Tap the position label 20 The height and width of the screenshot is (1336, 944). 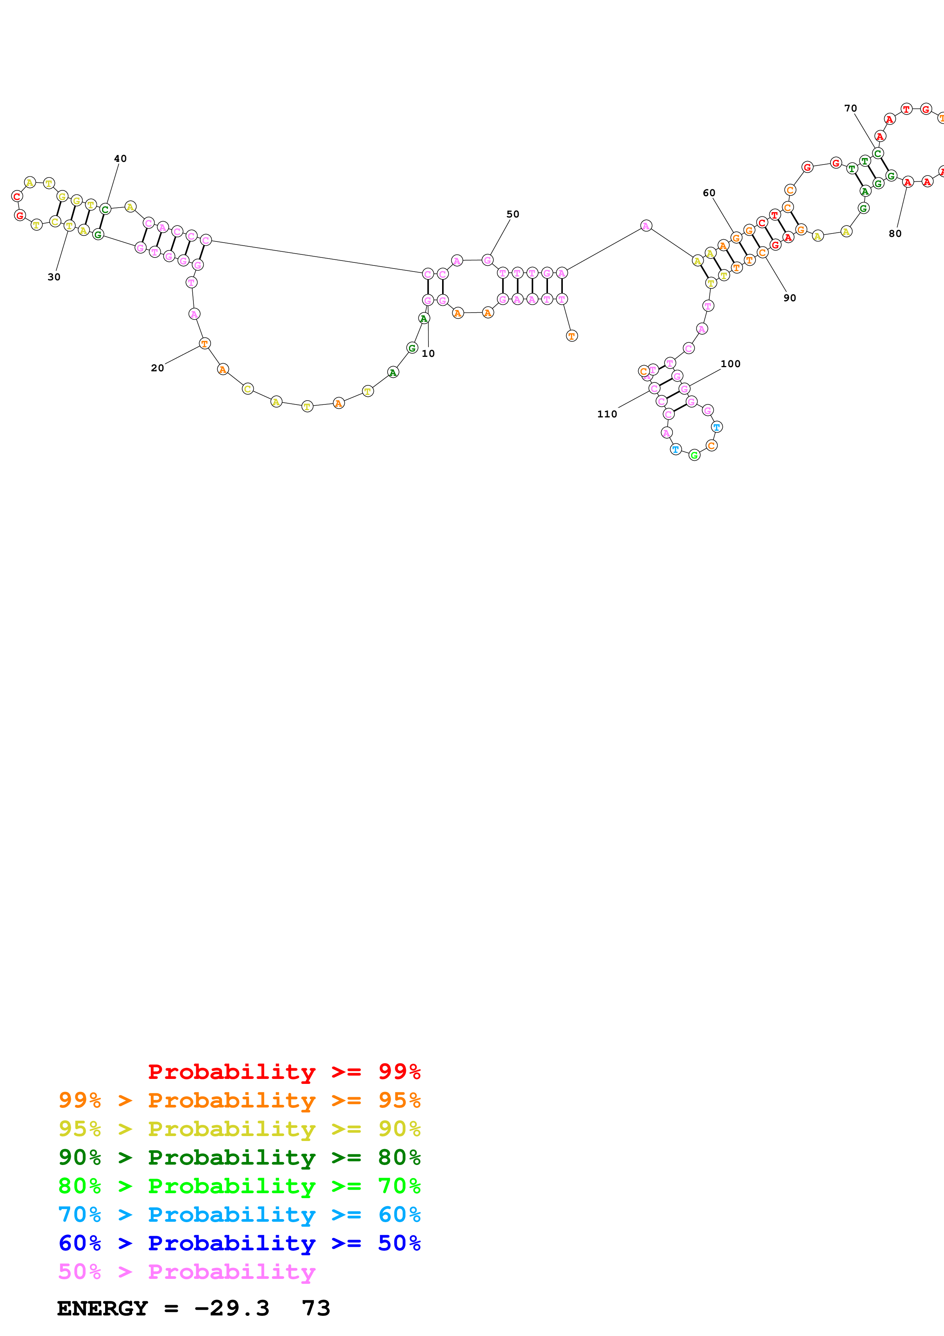(x=157, y=368)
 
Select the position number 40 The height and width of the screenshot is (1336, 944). (x=120, y=159)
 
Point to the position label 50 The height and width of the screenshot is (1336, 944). (x=513, y=214)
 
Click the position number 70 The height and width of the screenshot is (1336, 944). (x=850, y=108)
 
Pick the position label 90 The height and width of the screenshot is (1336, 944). (x=789, y=298)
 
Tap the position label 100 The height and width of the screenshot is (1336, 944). (x=730, y=364)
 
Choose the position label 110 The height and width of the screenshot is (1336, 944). (x=607, y=414)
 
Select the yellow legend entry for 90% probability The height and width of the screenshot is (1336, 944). (x=239, y=1129)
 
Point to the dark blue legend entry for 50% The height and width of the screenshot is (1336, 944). (x=239, y=1243)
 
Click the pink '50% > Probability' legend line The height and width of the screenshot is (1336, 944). (x=187, y=1271)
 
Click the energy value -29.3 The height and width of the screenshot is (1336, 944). (x=232, y=1308)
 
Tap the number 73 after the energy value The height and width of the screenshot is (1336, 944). (x=316, y=1308)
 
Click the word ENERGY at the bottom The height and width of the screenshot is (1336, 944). (x=102, y=1308)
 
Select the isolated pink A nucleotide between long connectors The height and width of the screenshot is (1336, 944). (x=645, y=226)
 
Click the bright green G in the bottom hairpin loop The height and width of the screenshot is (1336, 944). (x=694, y=455)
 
